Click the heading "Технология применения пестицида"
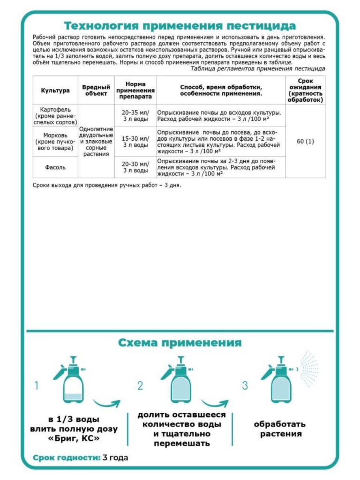pyautogui.click(x=180, y=26)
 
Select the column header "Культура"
pyautogui.click(x=55, y=90)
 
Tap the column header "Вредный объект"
pyautogui.click(x=96, y=90)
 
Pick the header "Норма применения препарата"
pyautogui.click(x=135, y=90)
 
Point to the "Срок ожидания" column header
pyautogui.click(x=305, y=90)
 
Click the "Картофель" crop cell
pyautogui.click(x=55, y=116)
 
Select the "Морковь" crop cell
pyautogui.click(x=55, y=141)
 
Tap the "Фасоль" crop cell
pyautogui.click(x=55, y=167)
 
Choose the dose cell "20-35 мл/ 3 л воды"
pyautogui.click(x=135, y=116)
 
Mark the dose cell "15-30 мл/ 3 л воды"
pyautogui.click(x=135, y=141)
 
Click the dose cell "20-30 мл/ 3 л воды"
pyautogui.click(x=135, y=167)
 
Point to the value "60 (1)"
pyautogui.click(x=305, y=141)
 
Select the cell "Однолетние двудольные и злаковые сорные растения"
pyautogui.click(x=96, y=141)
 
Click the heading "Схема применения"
pyautogui.click(x=180, y=343)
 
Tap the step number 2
pyautogui.click(x=140, y=385)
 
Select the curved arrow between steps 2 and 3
pyautogui.click(x=214, y=404)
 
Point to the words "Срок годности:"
pyautogui.click(x=67, y=458)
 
